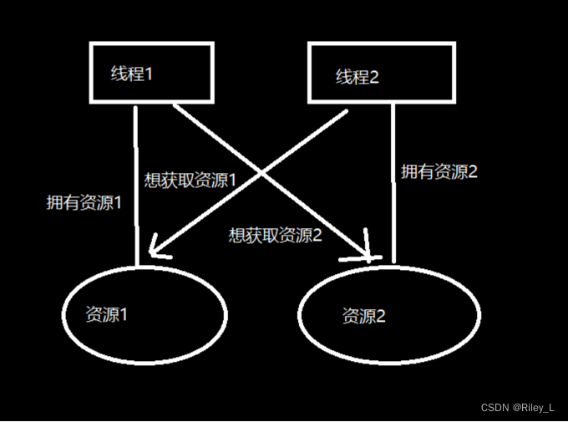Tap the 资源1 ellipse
tap(144, 313)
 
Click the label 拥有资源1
tap(84, 202)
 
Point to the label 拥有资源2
tap(439, 172)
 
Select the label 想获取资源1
tap(191, 180)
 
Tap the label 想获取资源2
tap(276, 235)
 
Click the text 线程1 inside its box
tap(132, 73)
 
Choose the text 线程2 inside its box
tap(358, 77)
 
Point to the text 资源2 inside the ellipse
tap(363, 317)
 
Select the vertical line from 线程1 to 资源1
tap(135, 184)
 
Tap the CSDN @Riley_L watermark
tap(518, 407)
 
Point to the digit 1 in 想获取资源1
tap(233, 180)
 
